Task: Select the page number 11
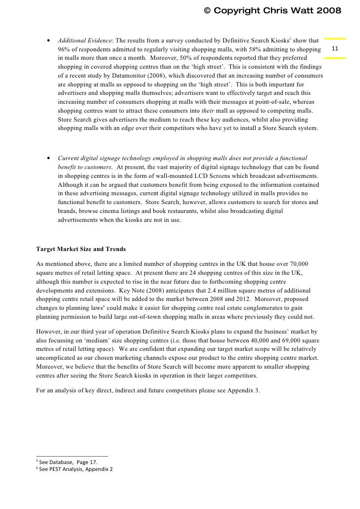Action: coord(335,49)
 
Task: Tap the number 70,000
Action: coord(309,264)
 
